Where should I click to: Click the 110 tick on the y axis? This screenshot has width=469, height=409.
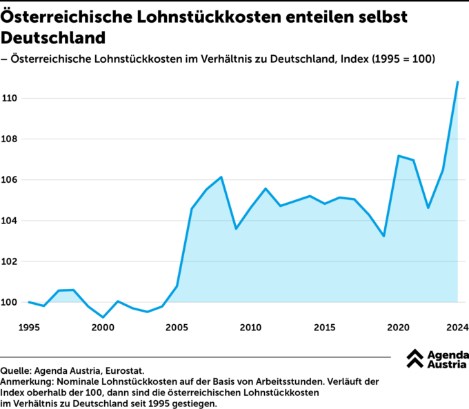[x=10, y=99]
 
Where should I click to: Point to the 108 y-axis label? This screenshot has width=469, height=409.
[x=10, y=139]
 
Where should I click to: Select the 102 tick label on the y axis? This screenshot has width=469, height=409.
[x=10, y=261]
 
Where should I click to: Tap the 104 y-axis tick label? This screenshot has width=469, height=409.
[x=10, y=221]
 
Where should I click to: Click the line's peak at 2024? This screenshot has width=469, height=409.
[x=457, y=82]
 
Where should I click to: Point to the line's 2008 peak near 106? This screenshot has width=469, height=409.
[x=221, y=177]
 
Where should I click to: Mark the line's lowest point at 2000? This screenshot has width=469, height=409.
[x=103, y=317]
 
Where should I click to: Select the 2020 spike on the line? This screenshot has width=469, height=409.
[x=399, y=156]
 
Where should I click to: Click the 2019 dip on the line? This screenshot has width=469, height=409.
[x=383, y=236]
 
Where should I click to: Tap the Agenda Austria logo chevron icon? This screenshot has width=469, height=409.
[x=415, y=359]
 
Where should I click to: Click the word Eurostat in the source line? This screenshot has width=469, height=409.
[x=123, y=370]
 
